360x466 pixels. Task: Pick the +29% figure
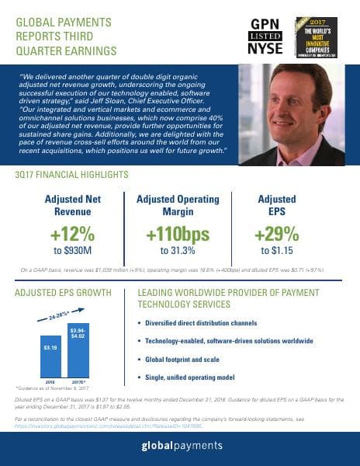pyautogui.click(x=276, y=234)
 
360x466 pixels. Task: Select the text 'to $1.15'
pyautogui.click(x=276, y=251)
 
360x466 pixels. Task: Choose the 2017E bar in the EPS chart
pyautogui.click(x=78, y=349)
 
